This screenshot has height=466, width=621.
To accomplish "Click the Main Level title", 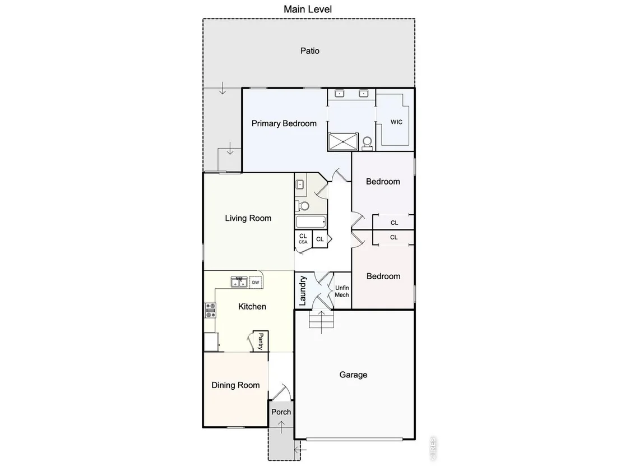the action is [x=308, y=9].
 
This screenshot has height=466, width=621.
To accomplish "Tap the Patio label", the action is [x=310, y=50].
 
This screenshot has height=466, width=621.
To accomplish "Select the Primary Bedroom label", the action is [x=284, y=123].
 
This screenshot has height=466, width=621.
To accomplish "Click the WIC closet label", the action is [x=396, y=122].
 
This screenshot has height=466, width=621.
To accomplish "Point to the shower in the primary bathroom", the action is [x=343, y=141].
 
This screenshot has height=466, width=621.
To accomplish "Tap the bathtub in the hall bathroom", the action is [x=311, y=222].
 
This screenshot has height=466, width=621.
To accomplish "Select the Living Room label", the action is [x=248, y=218].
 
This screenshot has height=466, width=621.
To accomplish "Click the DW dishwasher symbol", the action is [x=256, y=282].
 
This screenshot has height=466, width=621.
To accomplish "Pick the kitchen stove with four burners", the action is [x=210, y=310].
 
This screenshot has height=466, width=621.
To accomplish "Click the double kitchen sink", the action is [x=239, y=282].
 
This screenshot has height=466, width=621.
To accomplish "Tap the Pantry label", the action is [x=261, y=341].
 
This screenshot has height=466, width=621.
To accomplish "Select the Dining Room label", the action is [x=235, y=385].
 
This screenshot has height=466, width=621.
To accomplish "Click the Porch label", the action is [x=281, y=412].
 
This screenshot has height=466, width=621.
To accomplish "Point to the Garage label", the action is [x=353, y=375].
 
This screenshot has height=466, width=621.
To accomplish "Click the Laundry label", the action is [x=303, y=291].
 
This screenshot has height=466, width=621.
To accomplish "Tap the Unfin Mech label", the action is [x=342, y=291].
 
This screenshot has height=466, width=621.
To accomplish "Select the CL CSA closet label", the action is [x=303, y=238].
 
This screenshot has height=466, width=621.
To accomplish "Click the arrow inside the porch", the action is [x=281, y=427].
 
